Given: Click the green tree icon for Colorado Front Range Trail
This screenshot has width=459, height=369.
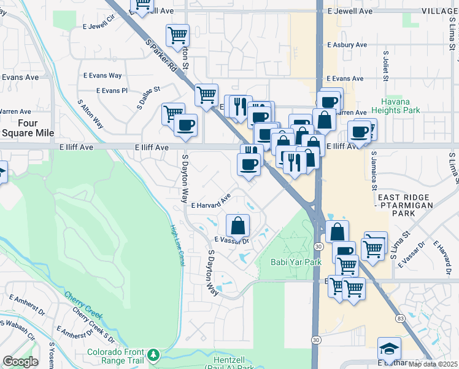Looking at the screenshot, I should (x=153, y=354).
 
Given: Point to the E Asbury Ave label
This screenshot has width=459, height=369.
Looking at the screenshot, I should (x=347, y=45).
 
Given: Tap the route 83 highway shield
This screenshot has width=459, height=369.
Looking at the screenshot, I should (x=400, y=319).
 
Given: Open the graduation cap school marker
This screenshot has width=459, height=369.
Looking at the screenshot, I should (x=389, y=349).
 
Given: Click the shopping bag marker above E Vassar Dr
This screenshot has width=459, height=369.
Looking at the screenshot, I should (x=237, y=226).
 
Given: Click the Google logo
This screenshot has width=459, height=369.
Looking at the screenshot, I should (x=20, y=362).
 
